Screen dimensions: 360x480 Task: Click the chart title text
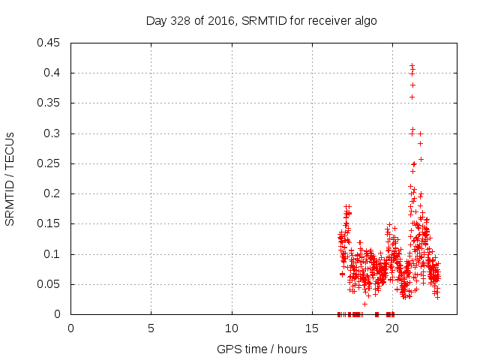click(x=261, y=21)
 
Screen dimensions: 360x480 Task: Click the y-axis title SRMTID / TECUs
click(x=10, y=178)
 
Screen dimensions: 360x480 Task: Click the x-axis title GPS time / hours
click(x=262, y=349)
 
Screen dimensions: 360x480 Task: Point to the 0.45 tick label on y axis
click(x=50, y=43)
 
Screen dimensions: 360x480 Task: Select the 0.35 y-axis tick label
click(x=50, y=103)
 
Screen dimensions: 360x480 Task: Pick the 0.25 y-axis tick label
click(x=50, y=163)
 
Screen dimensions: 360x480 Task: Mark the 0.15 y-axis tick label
click(x=50, y=223)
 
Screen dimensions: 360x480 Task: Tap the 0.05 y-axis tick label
click(x=50, y=284)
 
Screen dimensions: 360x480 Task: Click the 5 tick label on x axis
click(x=151, y=328)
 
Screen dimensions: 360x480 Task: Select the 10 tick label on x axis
click(x=232, y=328)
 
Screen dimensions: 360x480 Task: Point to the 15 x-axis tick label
click(x=312, y=328)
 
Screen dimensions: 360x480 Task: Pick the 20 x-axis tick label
click(x=392, y=328)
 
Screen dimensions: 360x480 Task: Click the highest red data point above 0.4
click(x=412, y=66)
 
